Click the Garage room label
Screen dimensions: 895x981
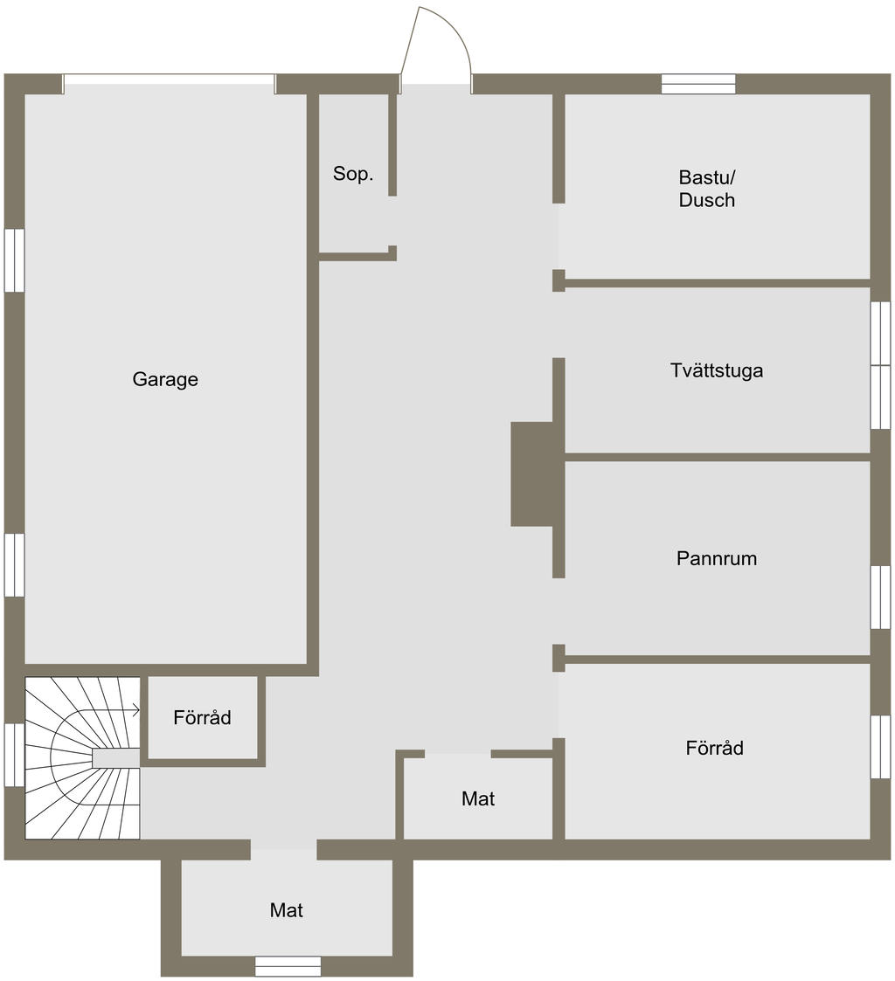coord(165,379)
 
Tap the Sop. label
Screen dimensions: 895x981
coord(353,173)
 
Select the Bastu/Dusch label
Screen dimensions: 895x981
coord(707,189)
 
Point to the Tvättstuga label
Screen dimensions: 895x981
coord(717,370)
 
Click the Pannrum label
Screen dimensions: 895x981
coord(717,558)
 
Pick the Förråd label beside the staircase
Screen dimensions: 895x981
coord(202,717)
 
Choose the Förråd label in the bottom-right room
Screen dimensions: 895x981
coord(715,748)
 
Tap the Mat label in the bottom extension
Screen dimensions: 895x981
coord(286,909)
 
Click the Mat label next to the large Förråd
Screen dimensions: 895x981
coord(478,798)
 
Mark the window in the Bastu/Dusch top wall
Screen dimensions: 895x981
coord(698,84)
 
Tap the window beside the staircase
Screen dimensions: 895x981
coord(14,755)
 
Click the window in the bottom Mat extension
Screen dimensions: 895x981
coord(288,966)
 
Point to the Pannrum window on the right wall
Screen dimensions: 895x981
coord(881,598)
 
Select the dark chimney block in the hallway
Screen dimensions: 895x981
coord(533,473)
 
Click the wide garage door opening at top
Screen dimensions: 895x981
coord(169,84)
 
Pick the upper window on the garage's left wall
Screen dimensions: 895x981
coord(14,260)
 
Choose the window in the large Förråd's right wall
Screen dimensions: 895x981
coord(881,747)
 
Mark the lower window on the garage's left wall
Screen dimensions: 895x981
coord(14,565)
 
